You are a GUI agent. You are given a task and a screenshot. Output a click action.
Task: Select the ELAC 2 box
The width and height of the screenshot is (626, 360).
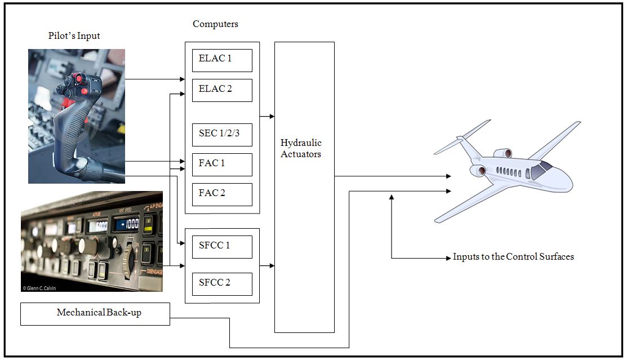click(x=222, y=90)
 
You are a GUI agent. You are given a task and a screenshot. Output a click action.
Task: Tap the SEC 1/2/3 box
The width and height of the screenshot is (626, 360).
click(x=222, y=135)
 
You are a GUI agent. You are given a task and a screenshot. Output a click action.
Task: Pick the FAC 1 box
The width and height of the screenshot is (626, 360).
click(x=222, y=164)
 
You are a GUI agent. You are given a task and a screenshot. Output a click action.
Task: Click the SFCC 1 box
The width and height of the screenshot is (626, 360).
click(x=222, y=247)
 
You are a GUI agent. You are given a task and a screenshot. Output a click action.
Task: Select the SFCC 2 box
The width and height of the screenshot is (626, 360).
click(x=222, y=283)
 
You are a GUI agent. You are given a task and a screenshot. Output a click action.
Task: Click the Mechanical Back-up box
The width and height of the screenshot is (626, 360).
click(x=95, y=314)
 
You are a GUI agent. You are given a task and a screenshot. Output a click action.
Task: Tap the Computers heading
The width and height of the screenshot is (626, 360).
click(x=215, y=24)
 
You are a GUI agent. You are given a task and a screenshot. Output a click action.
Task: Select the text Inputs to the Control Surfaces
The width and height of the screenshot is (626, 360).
click(x=513, y=257)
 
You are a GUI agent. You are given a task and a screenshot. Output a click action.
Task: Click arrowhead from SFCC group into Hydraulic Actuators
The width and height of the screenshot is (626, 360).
click(x=272, y=265)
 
